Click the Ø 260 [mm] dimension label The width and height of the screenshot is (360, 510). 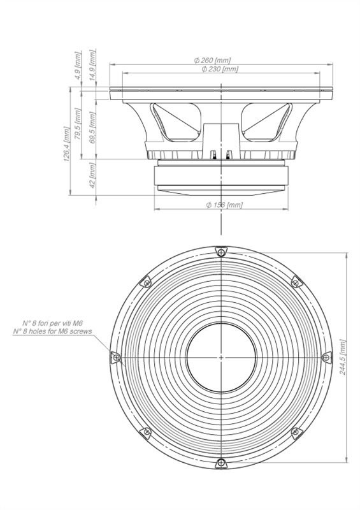212,60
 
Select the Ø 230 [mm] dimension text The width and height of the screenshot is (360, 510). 220,69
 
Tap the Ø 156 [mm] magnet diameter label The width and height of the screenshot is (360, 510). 224,205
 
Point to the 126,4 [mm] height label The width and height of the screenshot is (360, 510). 67,144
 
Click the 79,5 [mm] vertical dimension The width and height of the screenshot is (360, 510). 78,124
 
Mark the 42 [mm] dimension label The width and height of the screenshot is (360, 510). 92,175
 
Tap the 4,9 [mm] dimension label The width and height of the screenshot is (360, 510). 77,66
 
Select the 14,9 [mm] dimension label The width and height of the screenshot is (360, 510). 92,65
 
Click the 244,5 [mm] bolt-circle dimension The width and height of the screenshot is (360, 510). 343,357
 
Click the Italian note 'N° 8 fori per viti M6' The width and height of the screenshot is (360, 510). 53,323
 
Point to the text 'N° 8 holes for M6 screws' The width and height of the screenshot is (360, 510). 52,331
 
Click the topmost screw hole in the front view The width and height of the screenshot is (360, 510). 221,252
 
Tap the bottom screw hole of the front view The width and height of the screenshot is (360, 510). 221,463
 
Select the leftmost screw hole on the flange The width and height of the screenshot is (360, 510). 116,358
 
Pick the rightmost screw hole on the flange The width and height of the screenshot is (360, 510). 326,358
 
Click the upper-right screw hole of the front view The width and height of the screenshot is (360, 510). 296,282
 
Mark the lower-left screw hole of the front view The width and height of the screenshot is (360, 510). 147,432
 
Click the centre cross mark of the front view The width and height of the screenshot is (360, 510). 221,358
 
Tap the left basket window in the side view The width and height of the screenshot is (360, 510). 176,122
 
